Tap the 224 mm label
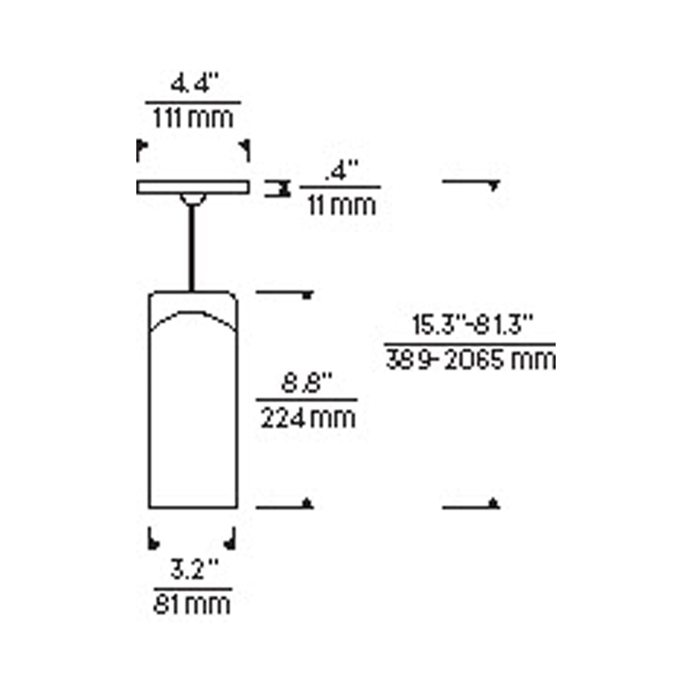(x=308, y=418)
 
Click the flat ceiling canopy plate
(x=193, y=187)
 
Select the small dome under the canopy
(x=193, y=199)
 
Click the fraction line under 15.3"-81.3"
(x=470, y=344)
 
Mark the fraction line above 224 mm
(x=307, y=400)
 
